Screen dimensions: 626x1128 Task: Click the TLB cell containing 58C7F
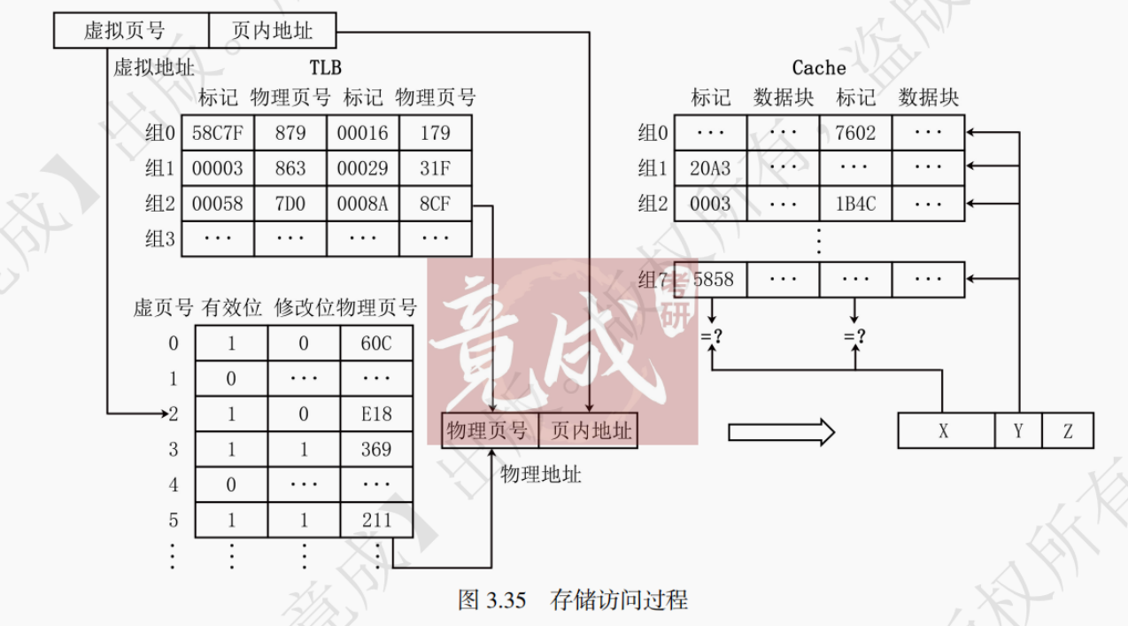click(218, 133)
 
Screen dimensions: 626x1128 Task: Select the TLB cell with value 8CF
click(436, 204)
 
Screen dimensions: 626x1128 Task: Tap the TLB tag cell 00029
click(363, 168)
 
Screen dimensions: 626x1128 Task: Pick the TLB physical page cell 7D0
click(290, 204)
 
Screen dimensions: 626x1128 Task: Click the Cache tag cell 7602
click(855, 133)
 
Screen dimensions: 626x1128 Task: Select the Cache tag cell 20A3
click(710, 168)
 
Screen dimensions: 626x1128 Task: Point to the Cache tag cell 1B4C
click(855, 204)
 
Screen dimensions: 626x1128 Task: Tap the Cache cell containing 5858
click(713, 280)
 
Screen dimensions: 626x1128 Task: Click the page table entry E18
click(376, 413)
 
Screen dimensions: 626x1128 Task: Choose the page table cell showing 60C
click(376, 344)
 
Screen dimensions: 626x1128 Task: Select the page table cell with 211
click(376, 520)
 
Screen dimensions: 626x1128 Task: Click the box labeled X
click(944, 431)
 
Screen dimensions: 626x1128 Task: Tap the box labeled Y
click(1018, 431)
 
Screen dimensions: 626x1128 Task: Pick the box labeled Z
click(1068, 431)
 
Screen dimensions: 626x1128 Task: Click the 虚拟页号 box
click(131, 31)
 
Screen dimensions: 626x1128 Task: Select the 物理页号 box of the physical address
click(489, 431)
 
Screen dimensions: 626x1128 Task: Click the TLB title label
click(325, 67)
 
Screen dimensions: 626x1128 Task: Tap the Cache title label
click(819, 67)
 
